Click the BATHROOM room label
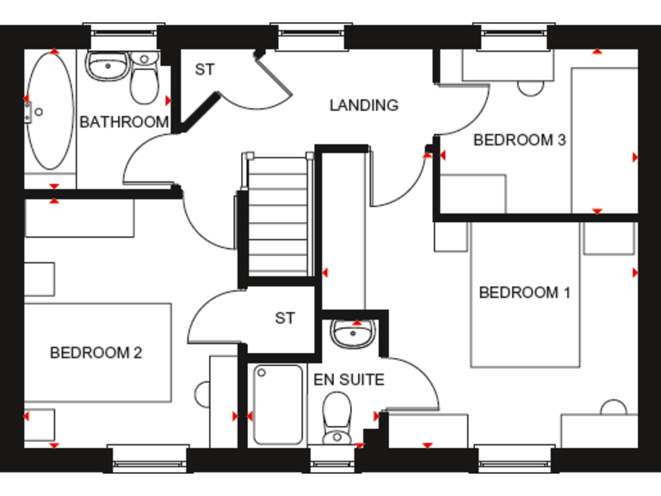pyautogui.click(x=124, y=122)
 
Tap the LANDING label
pyautogui.click(x=364, y=105)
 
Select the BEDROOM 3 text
pyautogui.click(x=519, y=139)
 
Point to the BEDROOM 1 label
pyautogui.click(x=524, y=293)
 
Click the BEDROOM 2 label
pyautogui.click(x=96, y=352)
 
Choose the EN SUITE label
pyautogui.click(x=349, y=379)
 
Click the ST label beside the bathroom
pyautogui.click(x=204, y=70)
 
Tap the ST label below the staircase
pyautogui.click(x=285, y=319)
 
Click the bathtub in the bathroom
pyautogui.click(x=49, y=112)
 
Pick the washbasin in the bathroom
pyautogui.click(x=107, y=64)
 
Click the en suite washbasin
pyautogui.click(x=350, y=333)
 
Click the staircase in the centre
pyautogui.click(x=277, y=215)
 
